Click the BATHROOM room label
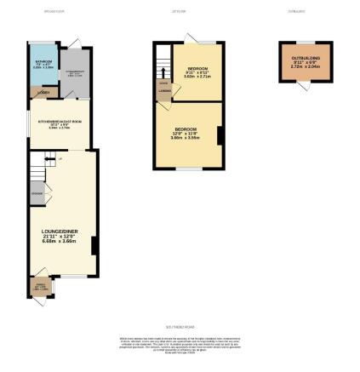(43, 62)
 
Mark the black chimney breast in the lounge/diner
(93, 246)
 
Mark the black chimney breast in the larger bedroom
(219, 135)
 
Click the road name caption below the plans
(180, 324)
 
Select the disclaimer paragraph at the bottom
(180, 346)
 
